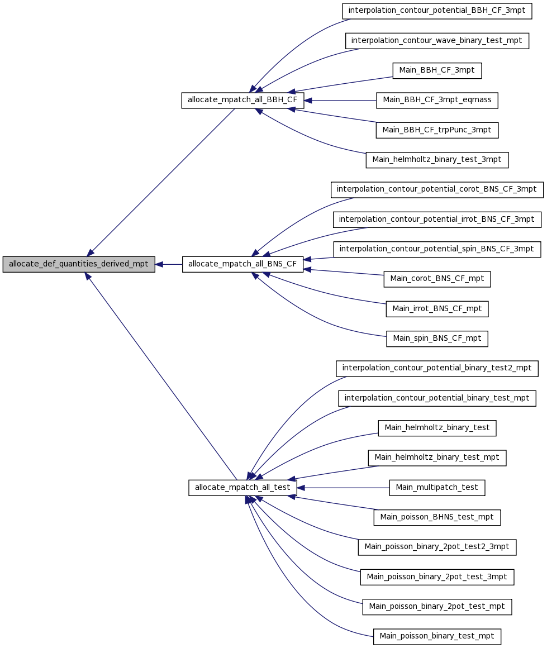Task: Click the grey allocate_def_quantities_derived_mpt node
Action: click(79, 264)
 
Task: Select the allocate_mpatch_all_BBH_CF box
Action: click(242, 101)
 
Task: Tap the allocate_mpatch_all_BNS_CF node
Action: click(242, 264)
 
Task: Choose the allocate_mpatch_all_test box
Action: click(242, 488)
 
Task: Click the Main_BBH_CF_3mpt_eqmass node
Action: click(437, 101)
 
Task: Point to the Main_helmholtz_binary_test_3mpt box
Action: click(437, 160)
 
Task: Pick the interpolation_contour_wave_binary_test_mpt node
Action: click(437, 41)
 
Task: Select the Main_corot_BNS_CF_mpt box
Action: click(437, 279)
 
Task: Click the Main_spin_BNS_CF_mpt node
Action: click(437, 339)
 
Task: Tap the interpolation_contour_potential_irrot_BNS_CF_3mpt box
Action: click(437, 220)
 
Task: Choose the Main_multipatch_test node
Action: click(437, 488)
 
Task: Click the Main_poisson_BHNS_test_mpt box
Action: click(437, 518)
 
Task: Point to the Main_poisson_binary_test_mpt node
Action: click(437, 637)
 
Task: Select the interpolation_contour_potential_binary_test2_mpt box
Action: click(437, 369)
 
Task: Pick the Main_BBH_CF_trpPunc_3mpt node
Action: click(437, 130)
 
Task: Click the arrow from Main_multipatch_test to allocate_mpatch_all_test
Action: click(343, 488)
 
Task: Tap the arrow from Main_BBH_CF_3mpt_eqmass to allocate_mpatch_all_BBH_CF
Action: click(340, 101)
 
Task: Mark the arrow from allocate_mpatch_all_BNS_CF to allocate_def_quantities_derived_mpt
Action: click(169, 264)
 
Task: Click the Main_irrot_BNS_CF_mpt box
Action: click(437, 309)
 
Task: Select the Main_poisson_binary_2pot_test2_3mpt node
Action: click(437, 547)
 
